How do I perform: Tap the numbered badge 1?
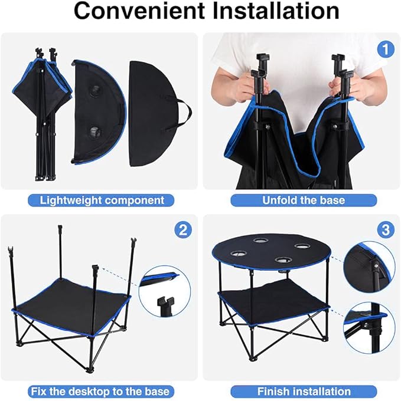(386, 50)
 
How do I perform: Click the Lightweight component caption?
(102, 200)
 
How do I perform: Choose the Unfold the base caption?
(304, 200)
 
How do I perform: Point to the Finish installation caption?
(304, 391)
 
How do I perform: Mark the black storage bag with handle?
(155, 112)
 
